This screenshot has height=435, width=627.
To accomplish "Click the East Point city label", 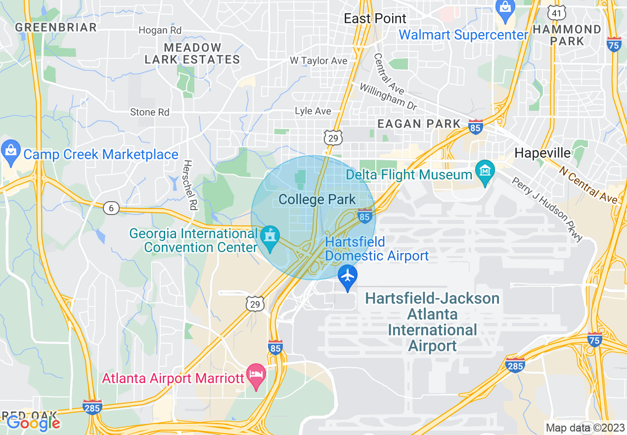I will pyautogui.click(x=375, y=19).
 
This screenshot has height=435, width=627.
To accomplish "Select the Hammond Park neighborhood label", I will pyautogui.click(x=567, y=35).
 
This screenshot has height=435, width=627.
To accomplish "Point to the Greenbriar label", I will pyautogui.click(x=56, y=27).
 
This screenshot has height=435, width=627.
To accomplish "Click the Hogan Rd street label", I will pyautogui.click(x=160, y=31).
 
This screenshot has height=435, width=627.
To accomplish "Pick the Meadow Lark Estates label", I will pyautogui.click(x=192, y=54).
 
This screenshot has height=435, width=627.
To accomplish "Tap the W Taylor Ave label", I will pyautogui.click(x=318, y=61).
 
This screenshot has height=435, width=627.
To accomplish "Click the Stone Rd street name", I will pyautogui.click(x=149, y=113).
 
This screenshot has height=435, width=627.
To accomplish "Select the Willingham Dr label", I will pyautogui.click(x=388, y=96).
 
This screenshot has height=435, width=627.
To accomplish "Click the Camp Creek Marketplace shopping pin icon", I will pyautogui.click(x=10, y=153).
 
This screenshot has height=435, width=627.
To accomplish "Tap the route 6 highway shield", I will pyautogui.click(x=111, y=208).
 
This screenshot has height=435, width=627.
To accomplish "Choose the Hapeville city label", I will pyautogui.click(x=542, y=153).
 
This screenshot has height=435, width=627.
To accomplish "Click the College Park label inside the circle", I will pyautogui.click(x=317, y=200).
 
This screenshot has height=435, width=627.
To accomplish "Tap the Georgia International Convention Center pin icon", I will pyautogui.click(x=270, y=237).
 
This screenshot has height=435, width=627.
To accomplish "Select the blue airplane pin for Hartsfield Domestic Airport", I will pyautogui.click(x=348, y=276).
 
